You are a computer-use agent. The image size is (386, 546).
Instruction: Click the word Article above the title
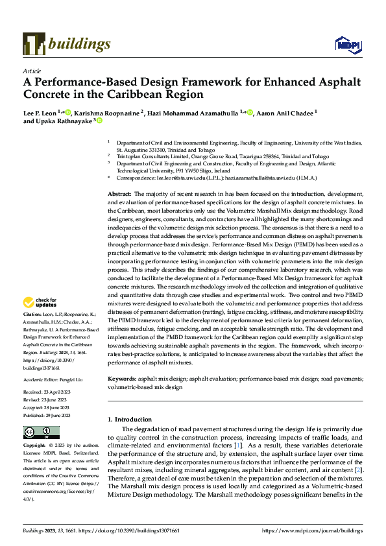(x=32, y=71)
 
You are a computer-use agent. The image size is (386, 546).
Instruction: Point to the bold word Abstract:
(x=119, y=194)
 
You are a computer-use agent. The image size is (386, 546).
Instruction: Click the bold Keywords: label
(x=122, y=377)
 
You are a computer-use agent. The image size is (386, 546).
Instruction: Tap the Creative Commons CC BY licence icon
(x=41, y=432)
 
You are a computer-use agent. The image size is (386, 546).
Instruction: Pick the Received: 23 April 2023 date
(x=52, y=393)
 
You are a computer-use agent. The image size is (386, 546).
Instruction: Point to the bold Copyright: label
(x=34, y=446)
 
